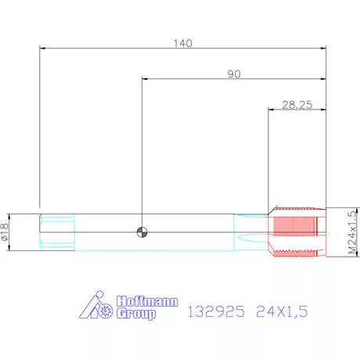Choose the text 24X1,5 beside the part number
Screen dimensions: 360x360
tap(282, 311)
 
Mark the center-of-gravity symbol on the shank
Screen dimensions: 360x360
tap(142, 230)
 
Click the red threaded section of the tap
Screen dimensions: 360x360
tap(296, 231)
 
